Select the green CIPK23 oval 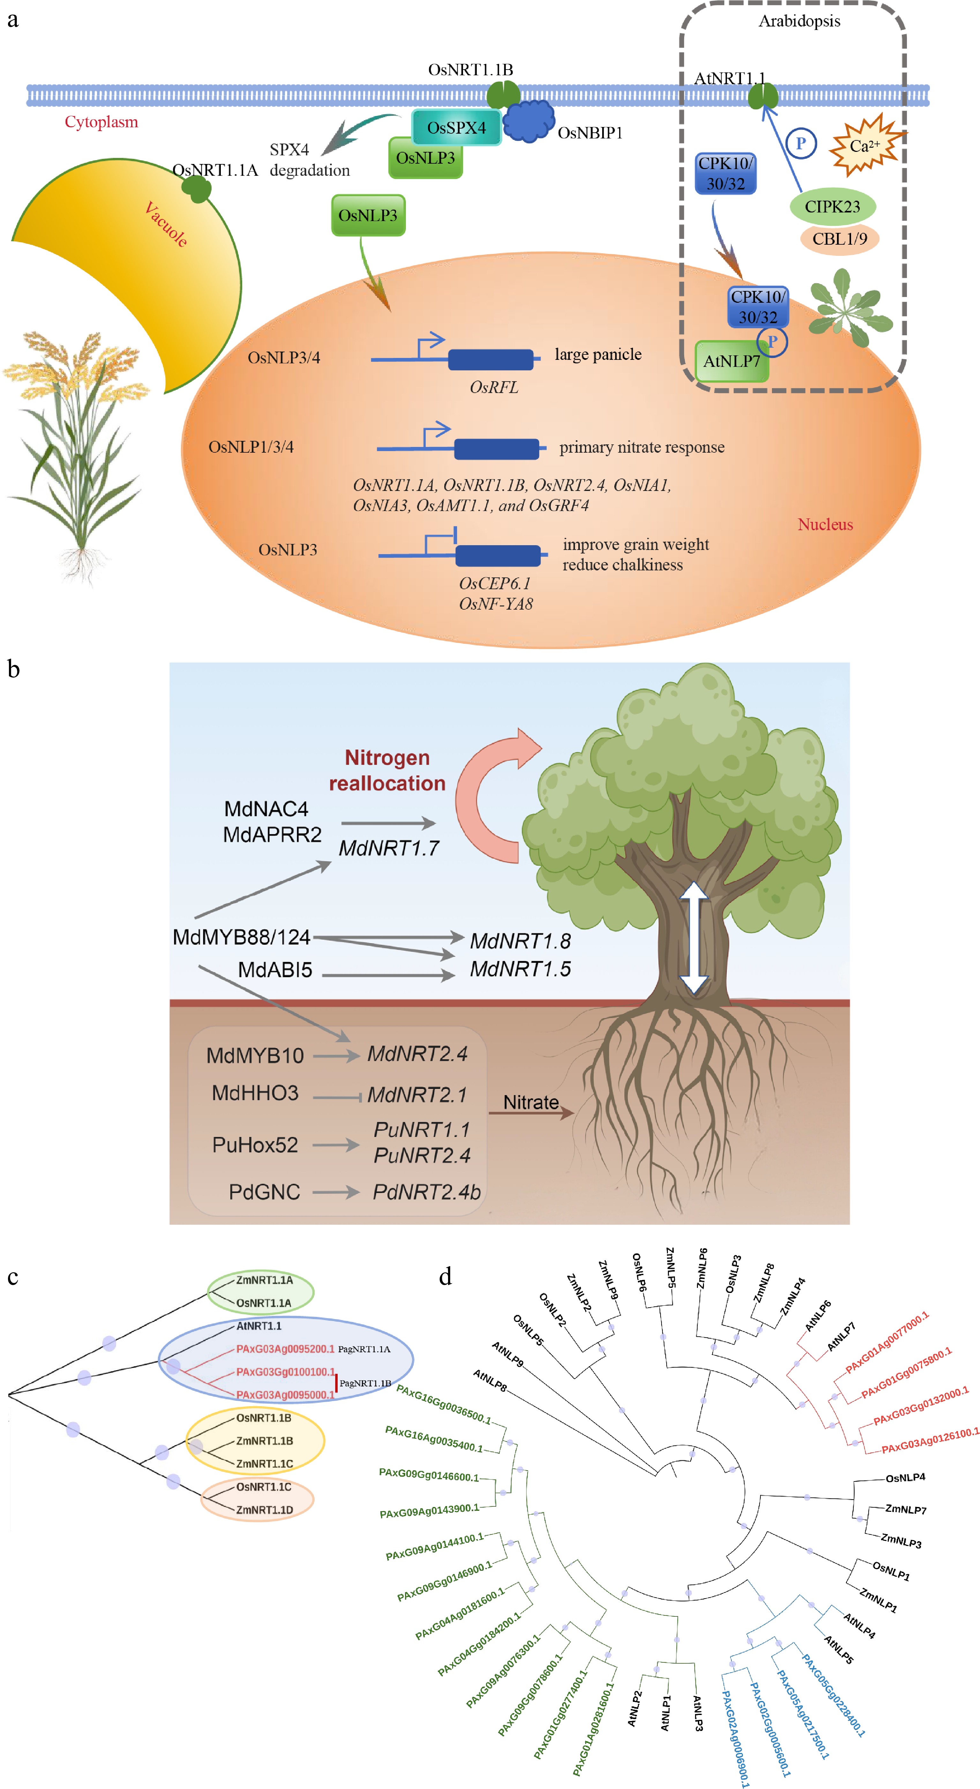point(832,206)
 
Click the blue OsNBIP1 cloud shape point(528,122)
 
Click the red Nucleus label point(825,524)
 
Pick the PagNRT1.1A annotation point(364,1349)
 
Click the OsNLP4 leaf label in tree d point(905,1477)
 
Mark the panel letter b point(13,669)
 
